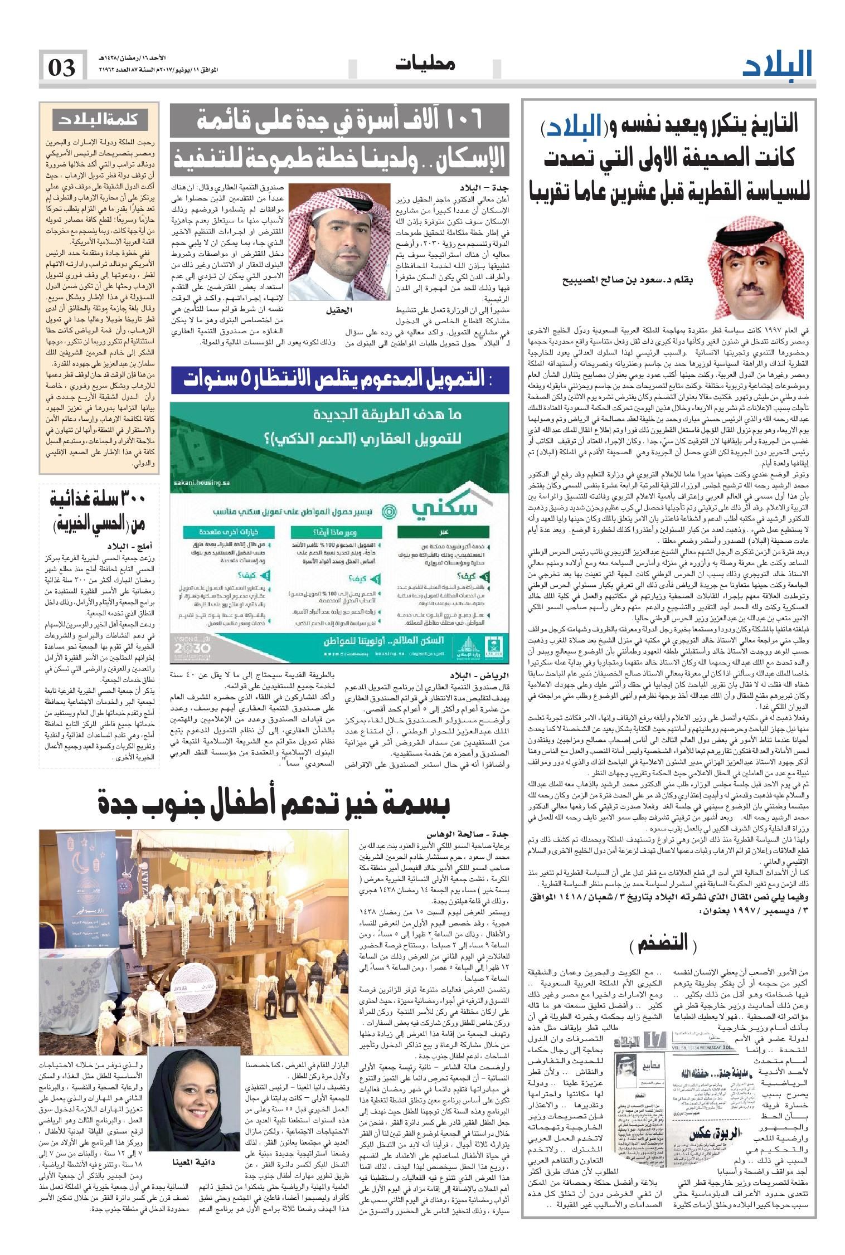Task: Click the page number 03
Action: click(x=62, y=69)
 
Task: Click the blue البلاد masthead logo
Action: click(x=778, y=65)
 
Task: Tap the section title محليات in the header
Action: click(x=425, y=65)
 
